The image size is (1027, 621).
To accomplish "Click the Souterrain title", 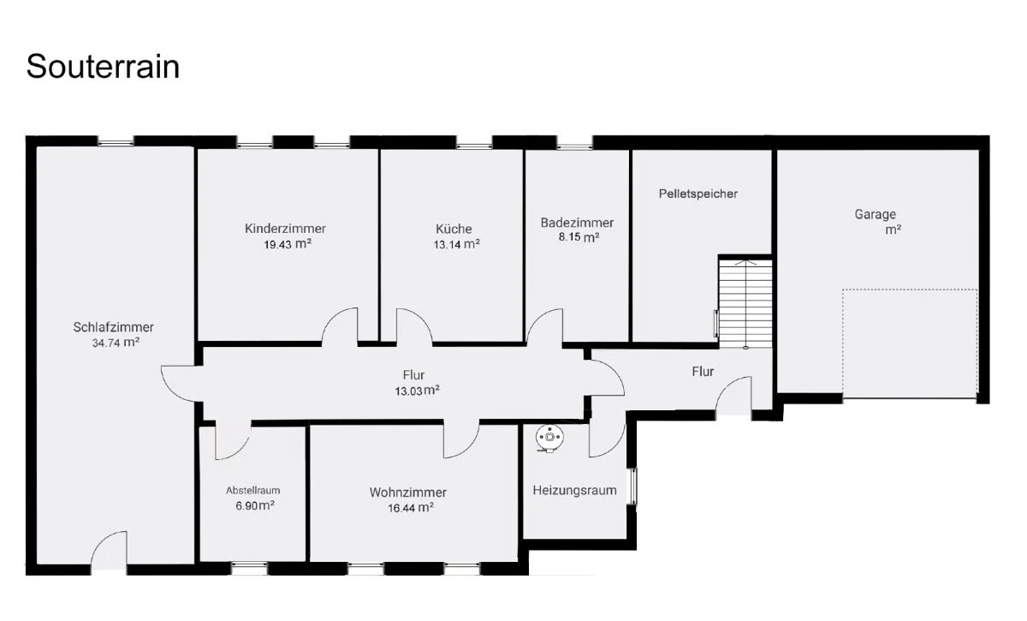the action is click(103, 67).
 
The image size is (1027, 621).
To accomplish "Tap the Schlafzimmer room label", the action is click(113, 327).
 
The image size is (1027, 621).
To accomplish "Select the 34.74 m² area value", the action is click(116, 343).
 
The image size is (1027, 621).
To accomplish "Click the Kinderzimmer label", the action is click(285, 229).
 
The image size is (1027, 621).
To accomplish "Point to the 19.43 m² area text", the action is click(288, 244).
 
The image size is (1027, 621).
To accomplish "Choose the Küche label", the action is click(454, 229).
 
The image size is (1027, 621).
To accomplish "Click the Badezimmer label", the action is click(577, 223).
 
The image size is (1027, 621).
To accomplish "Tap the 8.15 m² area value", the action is click(579, 237).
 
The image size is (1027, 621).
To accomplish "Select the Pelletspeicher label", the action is click(698, 194).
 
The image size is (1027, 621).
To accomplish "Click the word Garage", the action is click(875, 214).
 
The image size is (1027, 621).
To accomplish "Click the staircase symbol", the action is click(745, 304).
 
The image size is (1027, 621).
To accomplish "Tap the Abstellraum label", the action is click(252, 491).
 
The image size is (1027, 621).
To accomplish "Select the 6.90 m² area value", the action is click(255, 506).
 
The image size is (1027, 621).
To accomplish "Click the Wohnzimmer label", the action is click(407, 493).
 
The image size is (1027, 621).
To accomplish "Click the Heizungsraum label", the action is click(574, 491).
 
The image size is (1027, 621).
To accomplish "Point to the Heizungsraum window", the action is click(632, 486).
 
